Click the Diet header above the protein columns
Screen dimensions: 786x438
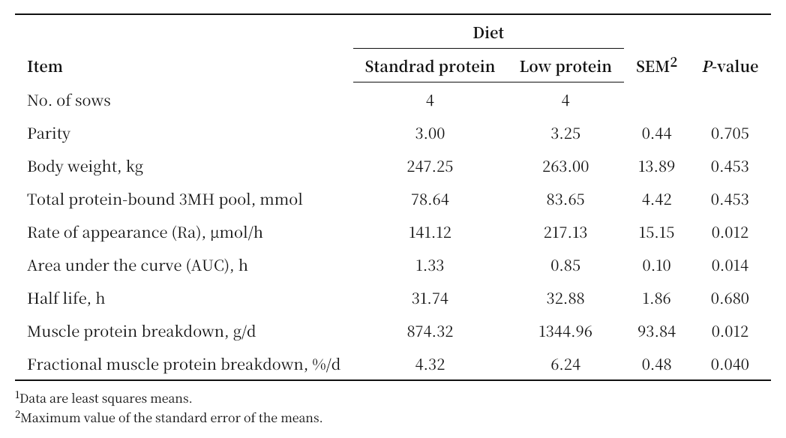pyautogui.click(x=488, y=33)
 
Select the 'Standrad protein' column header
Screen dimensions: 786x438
pyautogui.click(x=430, y=67)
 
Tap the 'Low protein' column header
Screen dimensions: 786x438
pyautogui.click(x=565, y=67)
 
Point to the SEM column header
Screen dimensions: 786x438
pyautogui.click(x=656, y=66)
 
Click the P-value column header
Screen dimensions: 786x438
pyautogui.click(x=730, y=67)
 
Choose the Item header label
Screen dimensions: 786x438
pyautogui.click(x=44, y=67)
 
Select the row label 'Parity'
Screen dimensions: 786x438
pyautogui.click(x=49, y=133)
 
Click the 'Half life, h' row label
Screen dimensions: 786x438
pyautogui.click(x=66, y=298)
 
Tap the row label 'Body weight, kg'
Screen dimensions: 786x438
pyautogui.click(x=85, y=167)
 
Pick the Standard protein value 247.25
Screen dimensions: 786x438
pyautogui.click(x=430, y=166)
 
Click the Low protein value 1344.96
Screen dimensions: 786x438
pyautogui.click(x=565, y=331)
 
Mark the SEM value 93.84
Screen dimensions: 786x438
pyautogui.click(x=657, y=331)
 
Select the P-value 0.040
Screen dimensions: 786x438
pyautogui.click(x=730, y=364)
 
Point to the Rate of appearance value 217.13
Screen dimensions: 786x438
pyautogui.click(x=565, y=232)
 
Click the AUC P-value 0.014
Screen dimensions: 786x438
pyautogui.click(x=730, y=265)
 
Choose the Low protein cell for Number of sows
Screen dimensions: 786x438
pyautogui.click(x=565, y=100)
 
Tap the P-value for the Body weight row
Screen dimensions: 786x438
pyautogui.click(x=730, y=166)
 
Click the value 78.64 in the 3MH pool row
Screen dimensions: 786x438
pyautogui.click(x=430, y=199)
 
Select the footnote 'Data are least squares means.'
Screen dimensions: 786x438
pyautogui.click(x=103, y=398)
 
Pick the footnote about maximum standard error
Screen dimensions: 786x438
pyautogui.click(x=169, y=418)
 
